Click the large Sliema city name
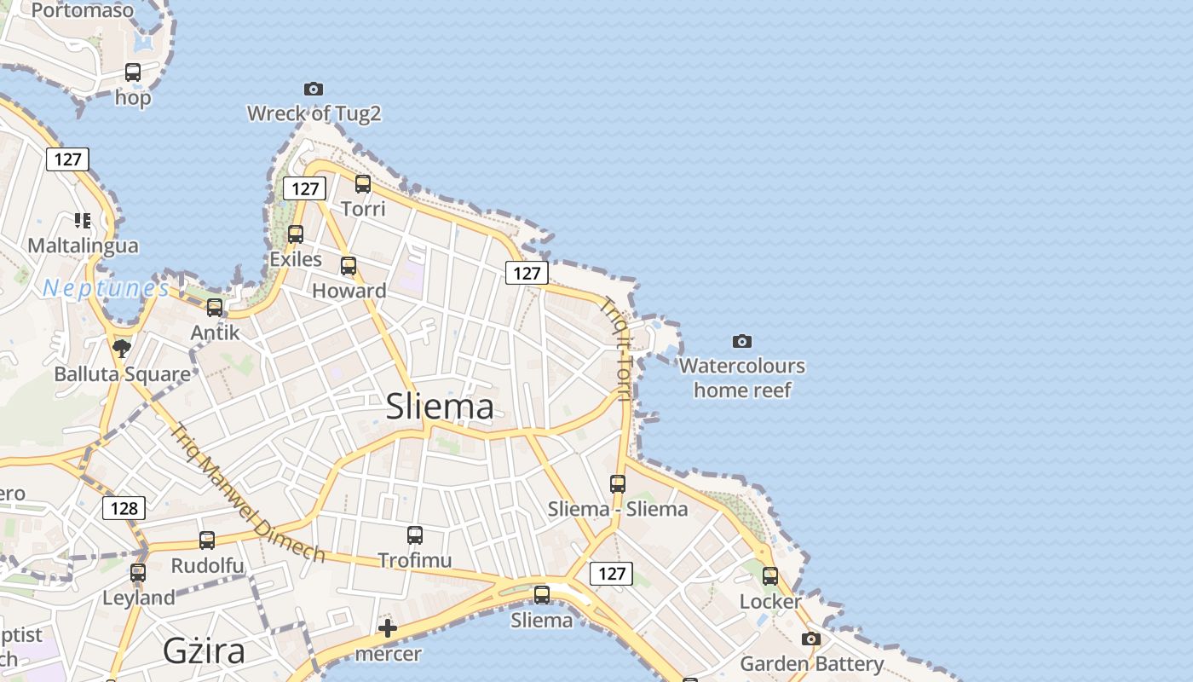click(440, 407)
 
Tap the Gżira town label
click(205, 651)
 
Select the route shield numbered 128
click(124, 509)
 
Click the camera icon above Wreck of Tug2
click(314, 89)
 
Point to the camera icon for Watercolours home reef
click(742, 341)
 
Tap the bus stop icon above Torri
click(363, 183)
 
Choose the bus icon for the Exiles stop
click(296, 234)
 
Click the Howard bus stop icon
click(349, 265)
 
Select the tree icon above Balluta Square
click(122, 348)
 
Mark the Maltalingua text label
click(83, 246)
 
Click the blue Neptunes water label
click(106, 289)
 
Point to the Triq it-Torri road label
click(617, 348)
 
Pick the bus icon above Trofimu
click(415, 535)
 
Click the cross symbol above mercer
click(388, 629)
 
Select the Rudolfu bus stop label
click(207, 566)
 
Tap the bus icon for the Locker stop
click(770, 576)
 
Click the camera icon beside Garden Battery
click(811, 639)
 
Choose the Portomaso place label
click(83, 11)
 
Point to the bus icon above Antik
click(215, 307)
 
